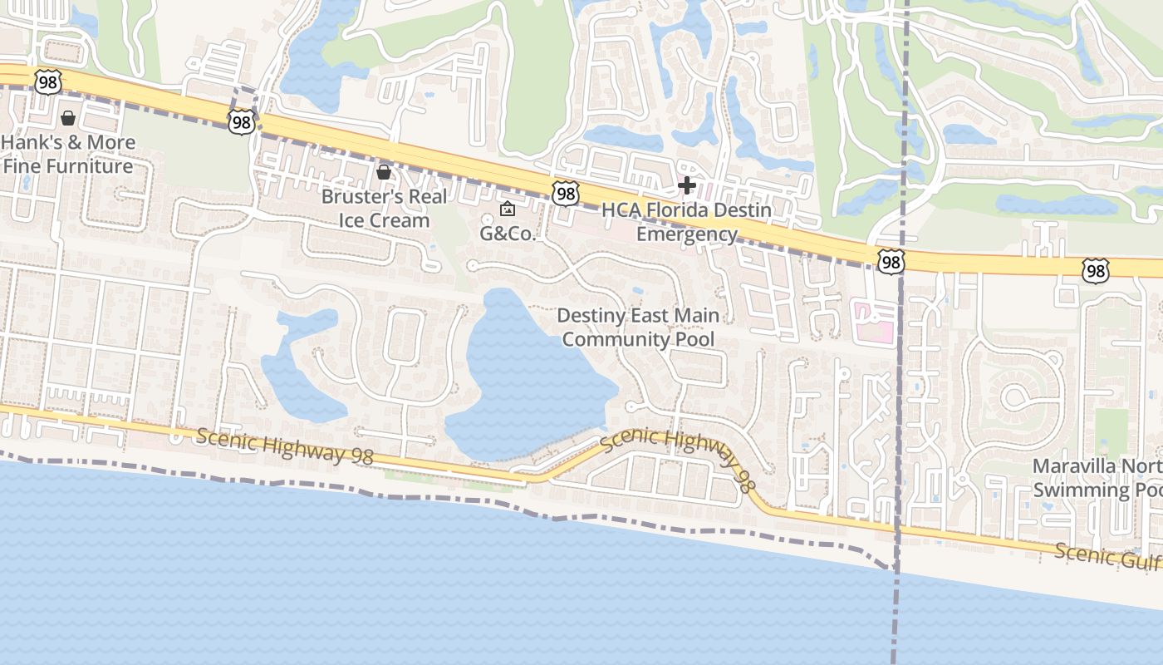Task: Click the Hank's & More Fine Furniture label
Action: coord(68,154)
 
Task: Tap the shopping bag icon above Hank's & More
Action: coord(68,119)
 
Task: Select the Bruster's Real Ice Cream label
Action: coord(384,209)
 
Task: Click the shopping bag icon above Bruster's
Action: coord(384,172)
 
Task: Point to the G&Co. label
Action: coord(508,234)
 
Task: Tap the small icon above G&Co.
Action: coord(508,209)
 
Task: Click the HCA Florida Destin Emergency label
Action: coord(686,222)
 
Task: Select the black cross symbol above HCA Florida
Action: coord(687,185)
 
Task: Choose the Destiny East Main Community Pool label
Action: coord(638,328)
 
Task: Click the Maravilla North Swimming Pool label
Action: coord(1097,477)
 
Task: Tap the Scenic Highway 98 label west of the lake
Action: coord(285,446)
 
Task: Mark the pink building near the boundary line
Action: coord(873,322)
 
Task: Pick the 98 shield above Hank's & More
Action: coord(47,81)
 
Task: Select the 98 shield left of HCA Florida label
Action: coord(565,195)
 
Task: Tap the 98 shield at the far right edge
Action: coord(1095,270)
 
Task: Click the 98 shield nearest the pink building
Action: coord(891,263)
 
